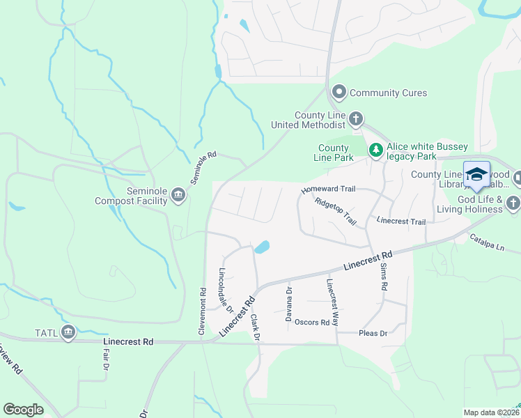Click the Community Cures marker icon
(x=339, y=92)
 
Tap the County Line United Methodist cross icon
(x=355, y=119)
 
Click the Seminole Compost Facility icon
(x=178, y=194)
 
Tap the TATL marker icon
(x=68, y=332)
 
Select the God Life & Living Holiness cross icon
(x=513, y=203)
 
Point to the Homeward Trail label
(x=328, y=189)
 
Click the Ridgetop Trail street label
(x=335, y=212)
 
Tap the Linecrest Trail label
(x=401, y=221)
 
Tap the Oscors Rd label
(x=311, y=322)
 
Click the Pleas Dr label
(x=372, y=333)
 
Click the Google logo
(x=23, y=410)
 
